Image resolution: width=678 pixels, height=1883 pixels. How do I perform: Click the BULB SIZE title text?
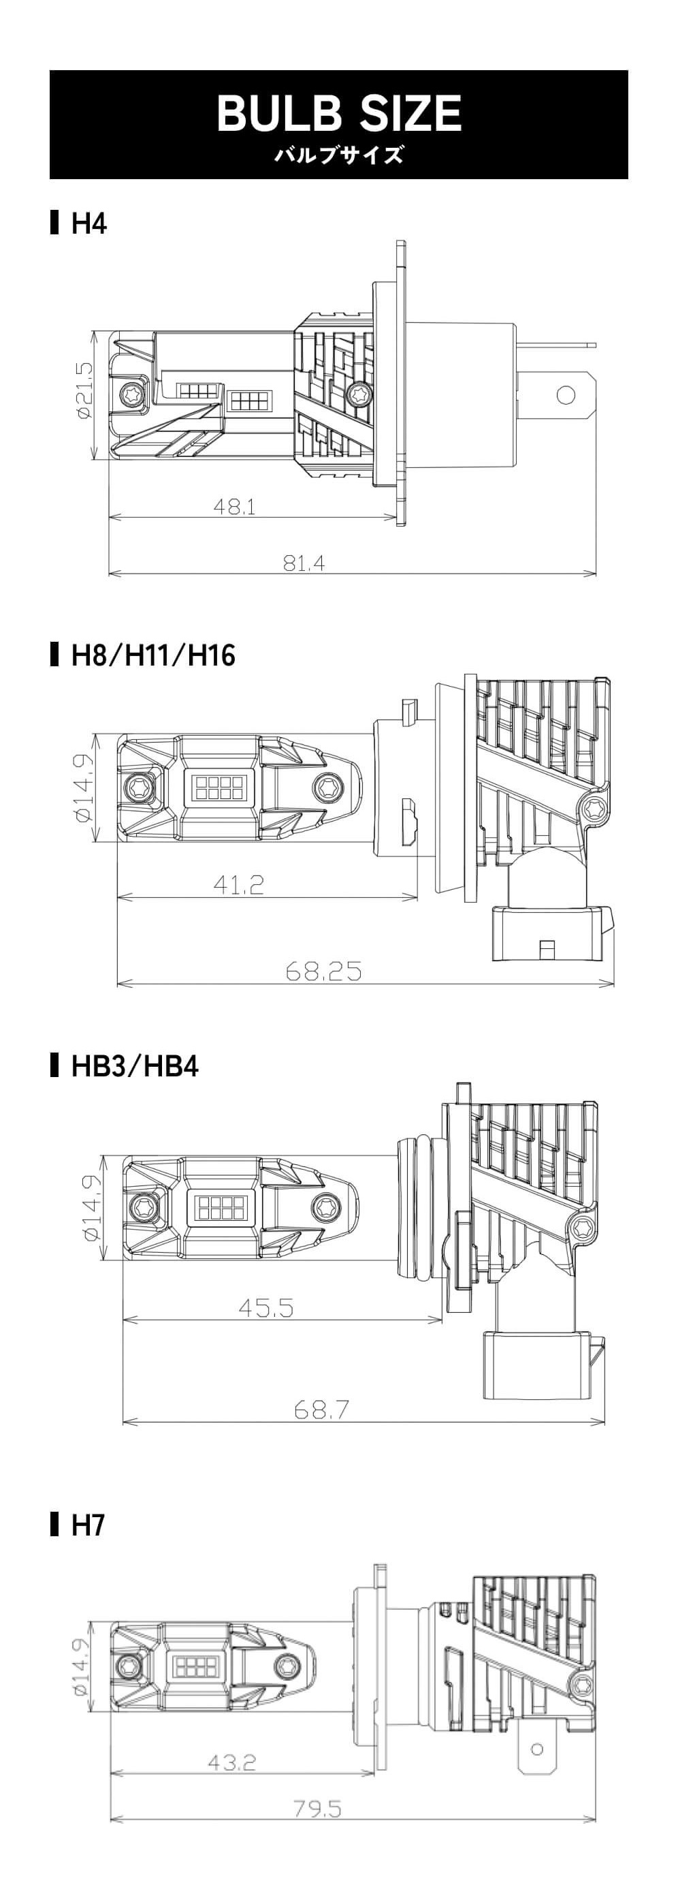click(x=339, y=113)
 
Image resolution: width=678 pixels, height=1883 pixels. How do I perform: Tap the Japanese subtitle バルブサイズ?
click(x=339, y=155)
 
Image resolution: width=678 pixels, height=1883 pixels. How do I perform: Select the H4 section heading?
click(x=89, y=223)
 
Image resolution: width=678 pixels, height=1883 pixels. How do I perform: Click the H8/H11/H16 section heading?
click(x=153, y=655)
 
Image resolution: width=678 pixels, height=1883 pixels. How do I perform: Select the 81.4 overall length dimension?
click(x=304, y=563)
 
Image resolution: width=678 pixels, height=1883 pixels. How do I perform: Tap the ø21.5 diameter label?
click(x=84, y=391)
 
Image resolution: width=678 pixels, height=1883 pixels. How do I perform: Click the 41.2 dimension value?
click(x=238, y=885)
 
